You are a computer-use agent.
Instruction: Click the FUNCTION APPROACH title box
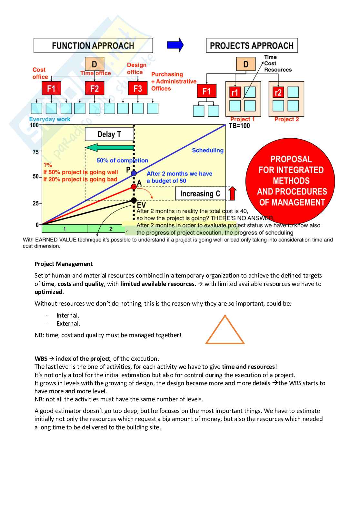point(93,45)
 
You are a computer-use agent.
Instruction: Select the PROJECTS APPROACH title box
point(252,45)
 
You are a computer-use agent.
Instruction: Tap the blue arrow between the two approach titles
point(175,45)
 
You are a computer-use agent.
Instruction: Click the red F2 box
point(95,88)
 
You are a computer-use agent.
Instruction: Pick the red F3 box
point(138,88)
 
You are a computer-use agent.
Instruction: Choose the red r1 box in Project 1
point(235,93)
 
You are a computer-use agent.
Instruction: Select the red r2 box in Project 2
point(278,93)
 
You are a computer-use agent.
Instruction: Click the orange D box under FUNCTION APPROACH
point(95,64)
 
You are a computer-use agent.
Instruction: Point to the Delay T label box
point(109,134)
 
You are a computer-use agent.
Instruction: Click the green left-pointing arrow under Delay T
point(110,148)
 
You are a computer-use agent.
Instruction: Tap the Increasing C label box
point(200,194)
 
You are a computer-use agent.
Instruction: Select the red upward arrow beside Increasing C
point(232,193)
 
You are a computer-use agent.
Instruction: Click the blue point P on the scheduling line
point(134,173)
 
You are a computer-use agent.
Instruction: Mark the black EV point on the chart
point(134,201)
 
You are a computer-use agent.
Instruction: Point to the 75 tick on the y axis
point(36,152)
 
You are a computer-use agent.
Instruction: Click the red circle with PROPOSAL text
point(290,181)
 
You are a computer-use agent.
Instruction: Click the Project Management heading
point(64,264)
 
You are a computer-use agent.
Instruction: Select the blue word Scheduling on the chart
point(208,150)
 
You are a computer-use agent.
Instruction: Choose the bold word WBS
point(41,359)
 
